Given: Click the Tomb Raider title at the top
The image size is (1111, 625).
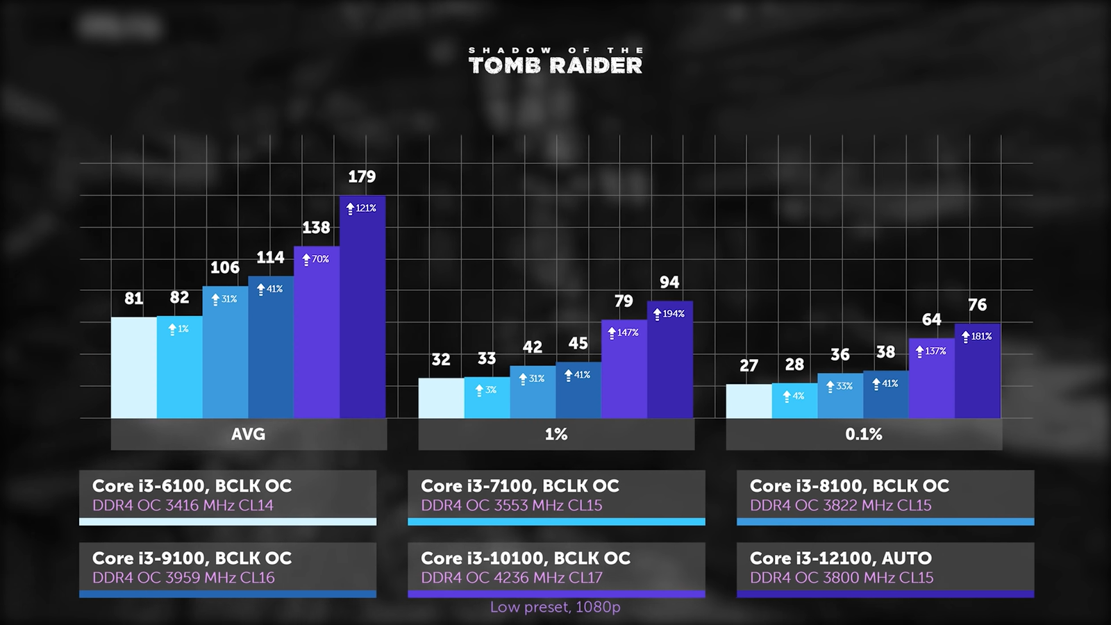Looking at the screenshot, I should click(555, 61).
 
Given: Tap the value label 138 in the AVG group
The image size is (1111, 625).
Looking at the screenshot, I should click(316, 228).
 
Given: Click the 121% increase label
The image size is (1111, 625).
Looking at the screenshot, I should click(362, 208).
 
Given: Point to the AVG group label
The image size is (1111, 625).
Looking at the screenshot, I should click(249, 435).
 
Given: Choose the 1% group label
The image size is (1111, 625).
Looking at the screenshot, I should click(556, 435).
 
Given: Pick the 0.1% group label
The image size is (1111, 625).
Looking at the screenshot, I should click(864, 435).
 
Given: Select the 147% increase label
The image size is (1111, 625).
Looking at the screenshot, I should click(624, 333).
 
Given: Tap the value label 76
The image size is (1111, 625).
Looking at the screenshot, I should click(978, 305).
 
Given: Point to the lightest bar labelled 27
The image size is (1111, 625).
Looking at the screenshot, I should click(749, 401).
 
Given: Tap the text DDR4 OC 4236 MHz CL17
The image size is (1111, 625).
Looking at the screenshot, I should click(512, 578).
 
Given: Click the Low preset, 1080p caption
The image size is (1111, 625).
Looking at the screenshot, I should click(555, 607).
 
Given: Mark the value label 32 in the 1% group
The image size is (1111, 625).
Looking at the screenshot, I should click(441, 360).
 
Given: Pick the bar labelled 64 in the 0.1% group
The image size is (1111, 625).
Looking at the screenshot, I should click(932, 378).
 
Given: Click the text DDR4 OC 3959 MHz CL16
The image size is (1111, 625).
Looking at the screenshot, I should click(183, 578).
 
